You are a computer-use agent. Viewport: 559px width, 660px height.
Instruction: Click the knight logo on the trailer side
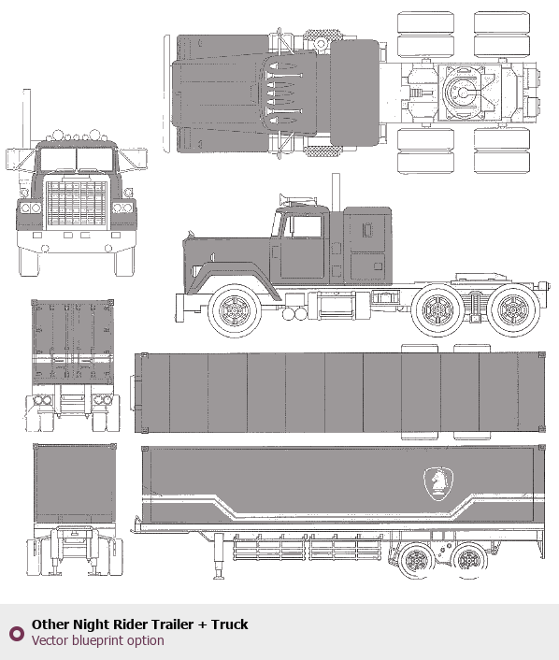(x=438, y=483)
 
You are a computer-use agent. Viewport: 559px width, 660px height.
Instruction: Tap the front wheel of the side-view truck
(x=234, y=310)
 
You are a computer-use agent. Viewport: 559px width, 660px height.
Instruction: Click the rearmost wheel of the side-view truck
(x=513, y=310)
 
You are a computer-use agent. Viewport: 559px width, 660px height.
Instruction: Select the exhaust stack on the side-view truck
(x=336, y=192)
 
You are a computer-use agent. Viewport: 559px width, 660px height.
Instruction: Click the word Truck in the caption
(x=229, y=624)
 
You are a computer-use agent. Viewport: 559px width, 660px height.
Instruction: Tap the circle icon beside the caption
(x=17, y=634)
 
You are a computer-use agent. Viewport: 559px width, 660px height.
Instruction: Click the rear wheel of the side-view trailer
(x=468, y=561)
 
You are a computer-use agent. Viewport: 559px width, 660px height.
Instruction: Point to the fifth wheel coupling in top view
(x=462, y=92)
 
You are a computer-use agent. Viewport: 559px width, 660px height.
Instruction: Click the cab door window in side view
(x=306, y=226)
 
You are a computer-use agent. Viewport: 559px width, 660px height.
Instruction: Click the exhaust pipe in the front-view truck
(x=26, y=117)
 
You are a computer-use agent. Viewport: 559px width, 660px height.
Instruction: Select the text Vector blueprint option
(x=97, y=640)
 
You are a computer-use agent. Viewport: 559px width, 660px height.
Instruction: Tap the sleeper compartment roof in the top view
(x=354, y=93)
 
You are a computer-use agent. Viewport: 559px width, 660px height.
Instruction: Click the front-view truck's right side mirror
(x=134, y=159)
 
